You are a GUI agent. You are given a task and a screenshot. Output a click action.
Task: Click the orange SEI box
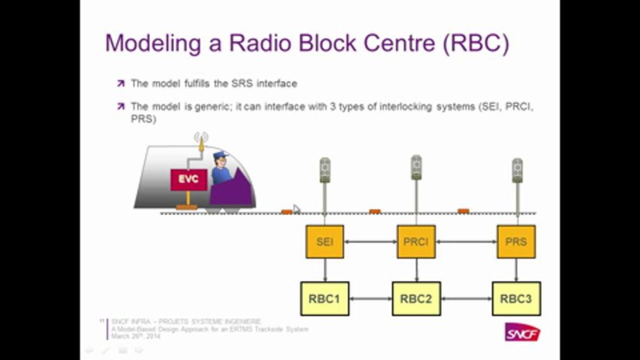[325, 241]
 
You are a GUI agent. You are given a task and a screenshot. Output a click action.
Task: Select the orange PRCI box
[416, 241]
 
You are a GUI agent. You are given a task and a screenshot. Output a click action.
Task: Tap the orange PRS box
[516, 241]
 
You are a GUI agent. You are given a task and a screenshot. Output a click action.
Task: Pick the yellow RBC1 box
[324, 298]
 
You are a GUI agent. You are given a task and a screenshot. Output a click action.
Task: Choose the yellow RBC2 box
[416, 298]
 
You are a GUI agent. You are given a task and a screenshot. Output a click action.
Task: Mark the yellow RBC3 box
[516, 298]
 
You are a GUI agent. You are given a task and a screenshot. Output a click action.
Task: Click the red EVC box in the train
[188, 179]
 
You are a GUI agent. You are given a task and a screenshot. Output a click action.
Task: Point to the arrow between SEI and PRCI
[370, 242]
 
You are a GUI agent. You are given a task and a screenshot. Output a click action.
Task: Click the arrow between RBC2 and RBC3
[466, 299]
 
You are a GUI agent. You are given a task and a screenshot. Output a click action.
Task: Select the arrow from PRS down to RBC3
[516, 270]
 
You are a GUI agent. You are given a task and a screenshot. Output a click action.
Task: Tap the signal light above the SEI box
[325, 170]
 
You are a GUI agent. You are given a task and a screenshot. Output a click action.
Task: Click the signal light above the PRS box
[517, 170]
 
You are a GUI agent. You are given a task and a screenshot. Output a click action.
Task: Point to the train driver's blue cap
[220, 155]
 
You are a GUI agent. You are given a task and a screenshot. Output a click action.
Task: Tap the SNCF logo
[522, 332]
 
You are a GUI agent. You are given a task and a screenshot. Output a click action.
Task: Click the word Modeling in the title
[153, 43]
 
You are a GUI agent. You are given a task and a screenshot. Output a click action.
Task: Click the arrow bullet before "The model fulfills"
[120, 83]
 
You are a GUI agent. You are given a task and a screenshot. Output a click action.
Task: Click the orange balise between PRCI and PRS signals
[463, 211]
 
